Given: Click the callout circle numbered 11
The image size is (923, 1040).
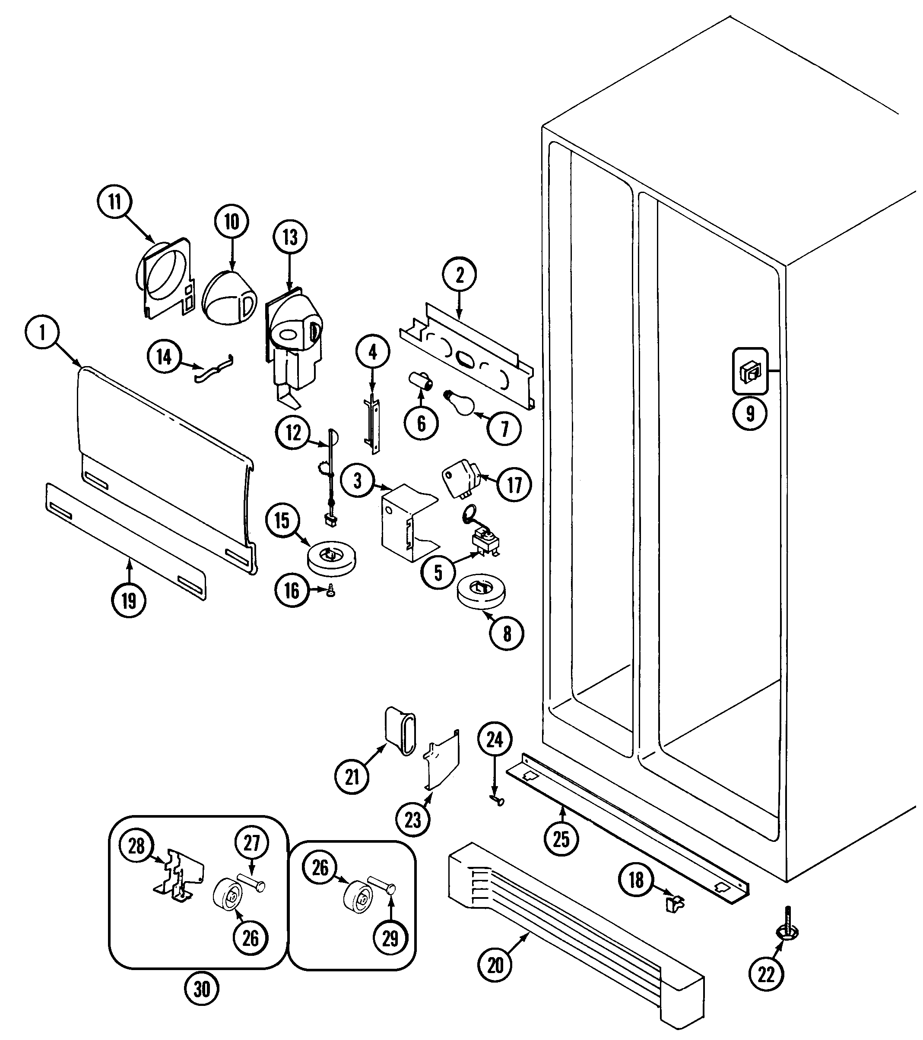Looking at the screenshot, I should coord(114,202).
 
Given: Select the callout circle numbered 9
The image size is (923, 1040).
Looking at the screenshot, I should coord(750,413).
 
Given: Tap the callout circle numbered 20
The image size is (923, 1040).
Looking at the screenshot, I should coord(495,965).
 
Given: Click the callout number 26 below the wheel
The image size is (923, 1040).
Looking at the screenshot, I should coord(251,938).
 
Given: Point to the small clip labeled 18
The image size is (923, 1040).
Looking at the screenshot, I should coord(675,903).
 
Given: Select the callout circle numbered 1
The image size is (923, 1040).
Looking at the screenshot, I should coord(42,332).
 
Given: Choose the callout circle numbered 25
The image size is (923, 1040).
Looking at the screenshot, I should coord(561,838).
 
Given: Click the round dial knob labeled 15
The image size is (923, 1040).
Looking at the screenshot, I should coord(331,558).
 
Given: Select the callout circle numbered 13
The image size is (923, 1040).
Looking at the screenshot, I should coord(290,237).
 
